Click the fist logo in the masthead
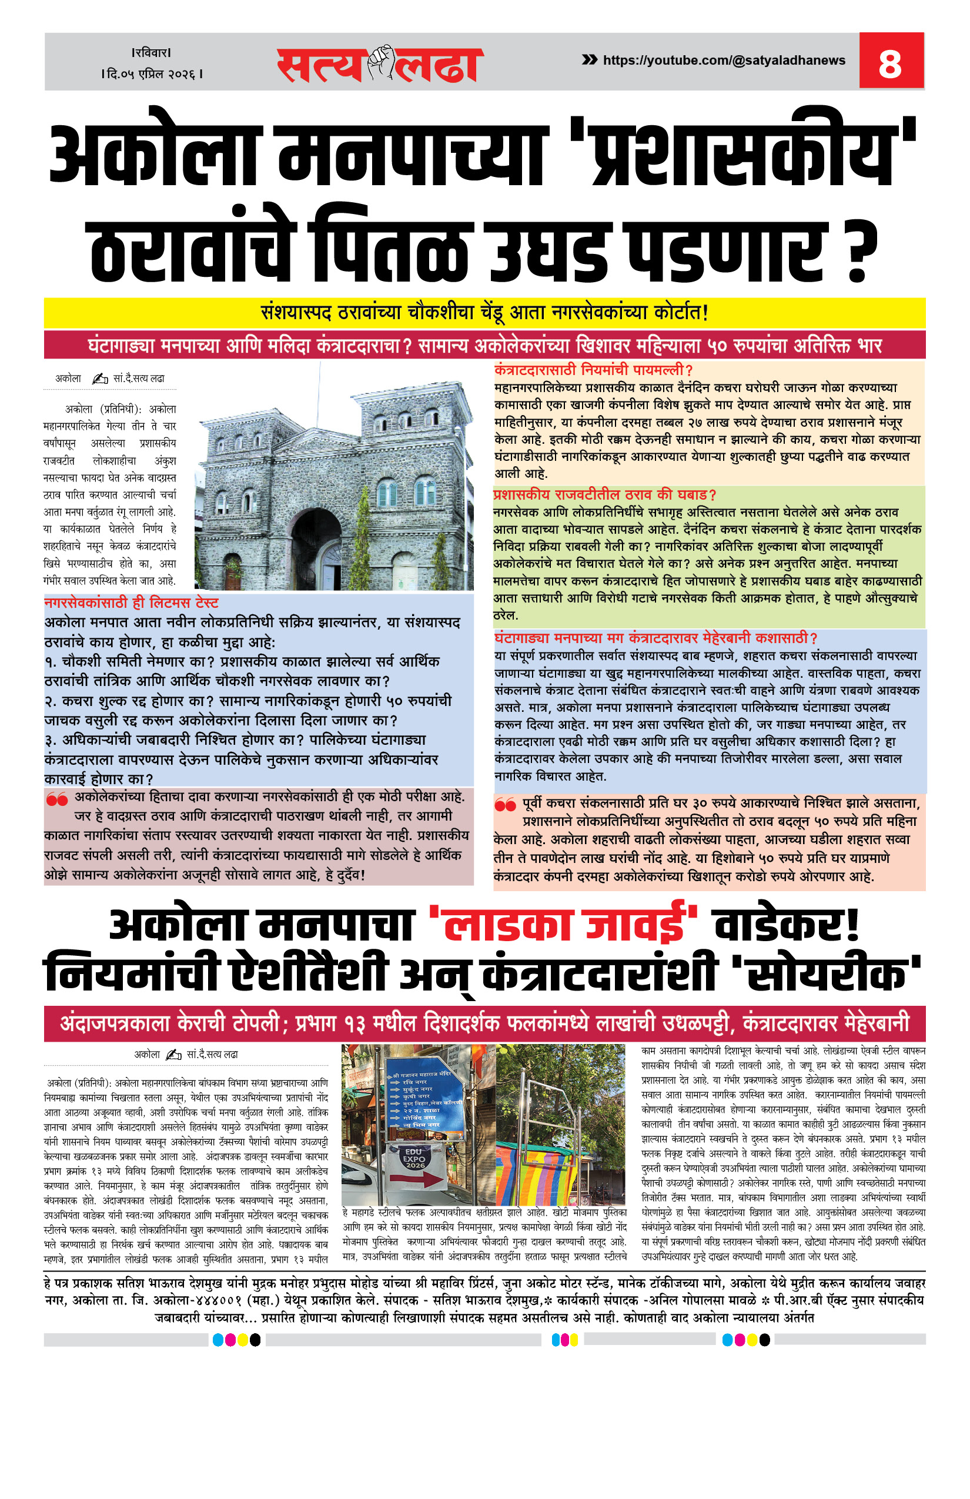coord(380,63)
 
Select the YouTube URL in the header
coord(724,61)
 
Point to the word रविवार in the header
coord(151,53)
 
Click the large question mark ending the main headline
coord(858,250)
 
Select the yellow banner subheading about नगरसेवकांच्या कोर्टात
coord(484,312)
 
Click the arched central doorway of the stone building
coord(315,547)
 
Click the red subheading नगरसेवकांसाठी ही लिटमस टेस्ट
coord(131,603)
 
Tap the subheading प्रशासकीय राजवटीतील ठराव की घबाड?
coord(604,494)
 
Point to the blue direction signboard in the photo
coord(426,1102)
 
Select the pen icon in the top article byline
coord(99,379)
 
